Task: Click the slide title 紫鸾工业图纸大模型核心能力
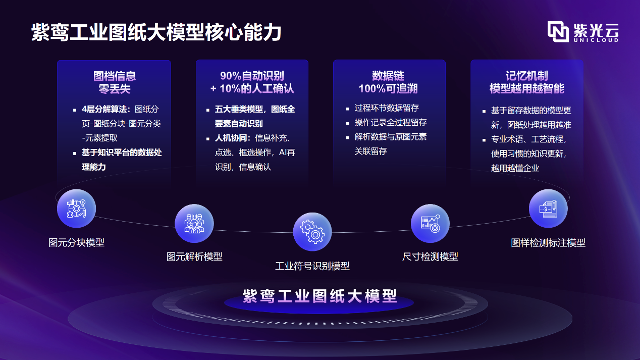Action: point(156,32)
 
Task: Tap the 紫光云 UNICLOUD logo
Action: point(583,32)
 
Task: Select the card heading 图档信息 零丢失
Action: point(114,82)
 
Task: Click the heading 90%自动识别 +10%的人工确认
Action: point(252,82)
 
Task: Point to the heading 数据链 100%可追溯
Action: point(388,82)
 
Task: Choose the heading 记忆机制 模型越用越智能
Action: point(526,82)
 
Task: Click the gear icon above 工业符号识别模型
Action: point(312,232)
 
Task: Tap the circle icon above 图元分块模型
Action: point(76,209)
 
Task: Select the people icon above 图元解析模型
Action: point(194,223)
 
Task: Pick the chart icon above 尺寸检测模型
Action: point(430,223)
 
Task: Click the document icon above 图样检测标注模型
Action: point(548,209)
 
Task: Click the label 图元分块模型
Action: point(76,242)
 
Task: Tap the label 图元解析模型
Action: point(194,256)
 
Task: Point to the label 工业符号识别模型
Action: point(312,266)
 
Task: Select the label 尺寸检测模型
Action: point(430,256)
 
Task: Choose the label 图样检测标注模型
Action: point(548,242)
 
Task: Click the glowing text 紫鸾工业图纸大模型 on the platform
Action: point(319,296)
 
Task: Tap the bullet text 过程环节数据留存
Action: point(387,108)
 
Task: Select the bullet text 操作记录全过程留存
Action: point(391,122)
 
